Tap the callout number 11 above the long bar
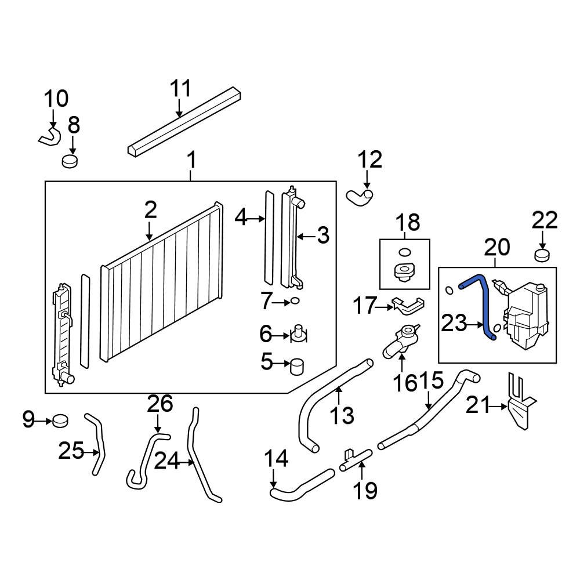[180, 88]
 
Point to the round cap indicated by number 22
[542, 256]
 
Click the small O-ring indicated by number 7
[295, 301]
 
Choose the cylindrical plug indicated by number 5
[297, 367]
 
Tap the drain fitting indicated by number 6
[299, 333]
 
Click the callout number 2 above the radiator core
[151, 210]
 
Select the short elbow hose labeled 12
[360, 197]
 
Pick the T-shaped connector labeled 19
[355, 460]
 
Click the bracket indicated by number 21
[522, 401]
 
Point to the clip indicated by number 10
[50, 136]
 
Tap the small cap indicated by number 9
[61, 421]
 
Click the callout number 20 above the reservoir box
[497, 247]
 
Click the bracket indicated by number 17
[408, 306]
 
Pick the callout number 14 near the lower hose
[276, 458]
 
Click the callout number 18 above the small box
[408, 223]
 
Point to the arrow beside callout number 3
[306, 235]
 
